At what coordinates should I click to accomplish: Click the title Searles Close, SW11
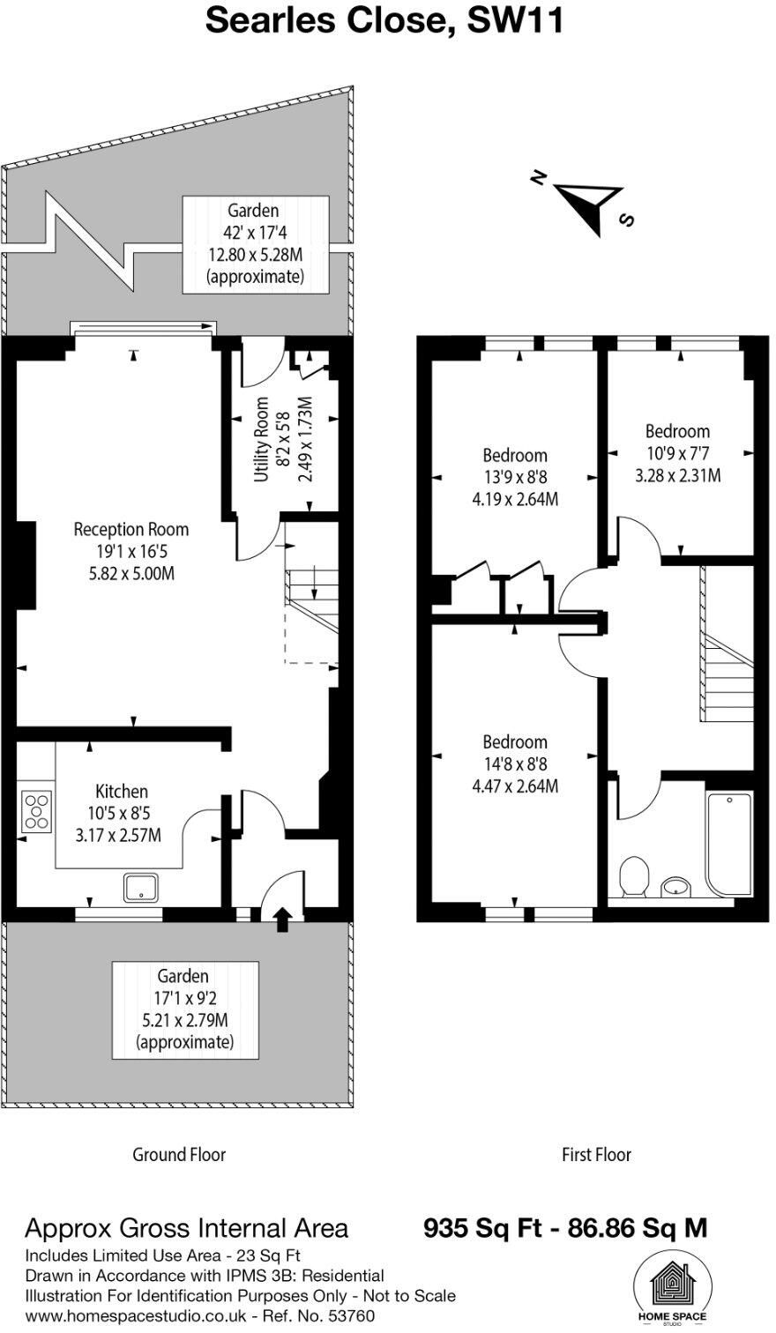pyautogui.click(x=384, y=21)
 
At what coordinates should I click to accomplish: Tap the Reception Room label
pyautogui.click(x=131, y=529)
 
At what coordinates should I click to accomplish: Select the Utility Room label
pyautogui.click(x=261, y=439)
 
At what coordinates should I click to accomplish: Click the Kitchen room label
pyautogui.click(x=122, y=791)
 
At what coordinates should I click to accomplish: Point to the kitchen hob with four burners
pyautogui.click(x=37, y=811)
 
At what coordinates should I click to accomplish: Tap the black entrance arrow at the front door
pyautogui.click(x=283, y=920)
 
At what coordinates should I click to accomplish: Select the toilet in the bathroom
pyautogui.click(x=634, y=876)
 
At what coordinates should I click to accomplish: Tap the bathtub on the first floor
pyautogui.click(x=729, y=843)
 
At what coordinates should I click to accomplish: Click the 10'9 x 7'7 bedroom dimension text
pyautogui.click(x=678, y=453)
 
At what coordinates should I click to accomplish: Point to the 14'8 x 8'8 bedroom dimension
pyautogui.click(x=515, y=764)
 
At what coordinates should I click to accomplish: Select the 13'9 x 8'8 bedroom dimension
pyautogui.click(x=515, y=477)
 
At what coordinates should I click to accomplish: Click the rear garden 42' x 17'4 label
pyautogui.click(x=256, y=232)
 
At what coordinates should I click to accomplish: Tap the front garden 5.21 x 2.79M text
pyautogui.click(x=184, y=1020)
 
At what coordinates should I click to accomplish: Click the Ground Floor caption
pyautogui.click(x=179, y=1155)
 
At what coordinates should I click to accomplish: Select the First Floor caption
pyautogui.click(x=596, y=1155)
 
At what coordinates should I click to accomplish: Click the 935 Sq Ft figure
pyautogui.click(x=482, y=1228)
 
